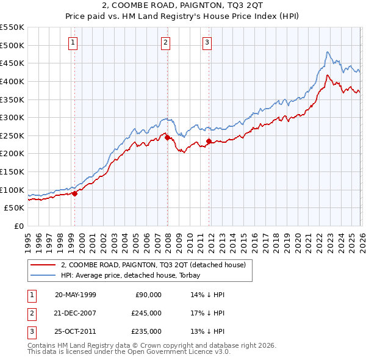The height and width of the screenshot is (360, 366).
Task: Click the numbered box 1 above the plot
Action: point(73,42)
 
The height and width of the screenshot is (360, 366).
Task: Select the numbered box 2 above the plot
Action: point(165,42)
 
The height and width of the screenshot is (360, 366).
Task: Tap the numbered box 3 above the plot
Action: point(207,42)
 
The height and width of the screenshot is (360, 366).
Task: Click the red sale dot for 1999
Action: point(74,193)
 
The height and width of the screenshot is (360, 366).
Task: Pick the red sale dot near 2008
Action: point(167,138)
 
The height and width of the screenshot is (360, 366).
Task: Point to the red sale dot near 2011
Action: point(209,142)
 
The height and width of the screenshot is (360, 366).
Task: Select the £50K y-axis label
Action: point(14,208)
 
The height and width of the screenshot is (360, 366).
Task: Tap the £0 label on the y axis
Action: point(19,226)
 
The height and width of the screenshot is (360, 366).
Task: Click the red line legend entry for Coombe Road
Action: point(152,265)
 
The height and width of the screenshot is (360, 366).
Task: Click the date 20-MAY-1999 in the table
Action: point(75,294)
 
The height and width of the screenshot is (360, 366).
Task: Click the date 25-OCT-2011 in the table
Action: point(75,331)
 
